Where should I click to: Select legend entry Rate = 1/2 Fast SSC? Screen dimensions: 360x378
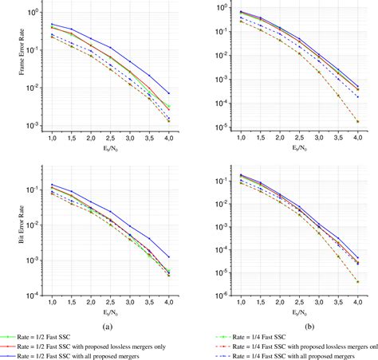[x=77, y=337]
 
